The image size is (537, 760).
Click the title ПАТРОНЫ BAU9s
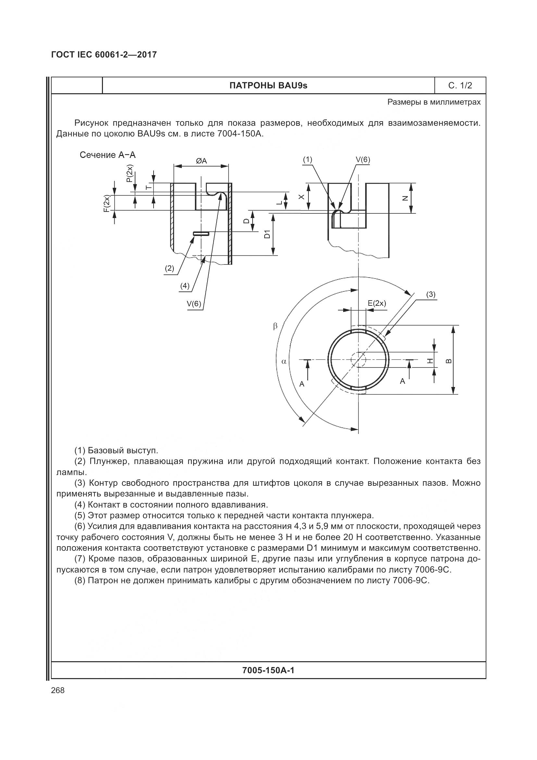pos(268,86)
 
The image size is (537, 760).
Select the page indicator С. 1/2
pos(460,86)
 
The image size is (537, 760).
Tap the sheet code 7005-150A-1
pos(268,670)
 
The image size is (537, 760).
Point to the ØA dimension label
pos(201,161)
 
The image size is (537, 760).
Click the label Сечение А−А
pos(107,155)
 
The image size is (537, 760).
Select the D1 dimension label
pos(267,234)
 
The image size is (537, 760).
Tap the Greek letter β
pos(275,326)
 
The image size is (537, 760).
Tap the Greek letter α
pos(284,361)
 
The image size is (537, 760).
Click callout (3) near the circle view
pos(431,295)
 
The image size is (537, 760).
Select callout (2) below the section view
pos(169,268)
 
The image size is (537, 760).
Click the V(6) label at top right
pos(363,160)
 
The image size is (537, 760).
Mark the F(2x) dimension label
pos(106,204)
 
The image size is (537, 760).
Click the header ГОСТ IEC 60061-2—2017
pos(104,55)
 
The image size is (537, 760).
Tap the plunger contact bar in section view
pos(201,234)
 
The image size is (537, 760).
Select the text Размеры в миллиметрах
pos(434,102)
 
